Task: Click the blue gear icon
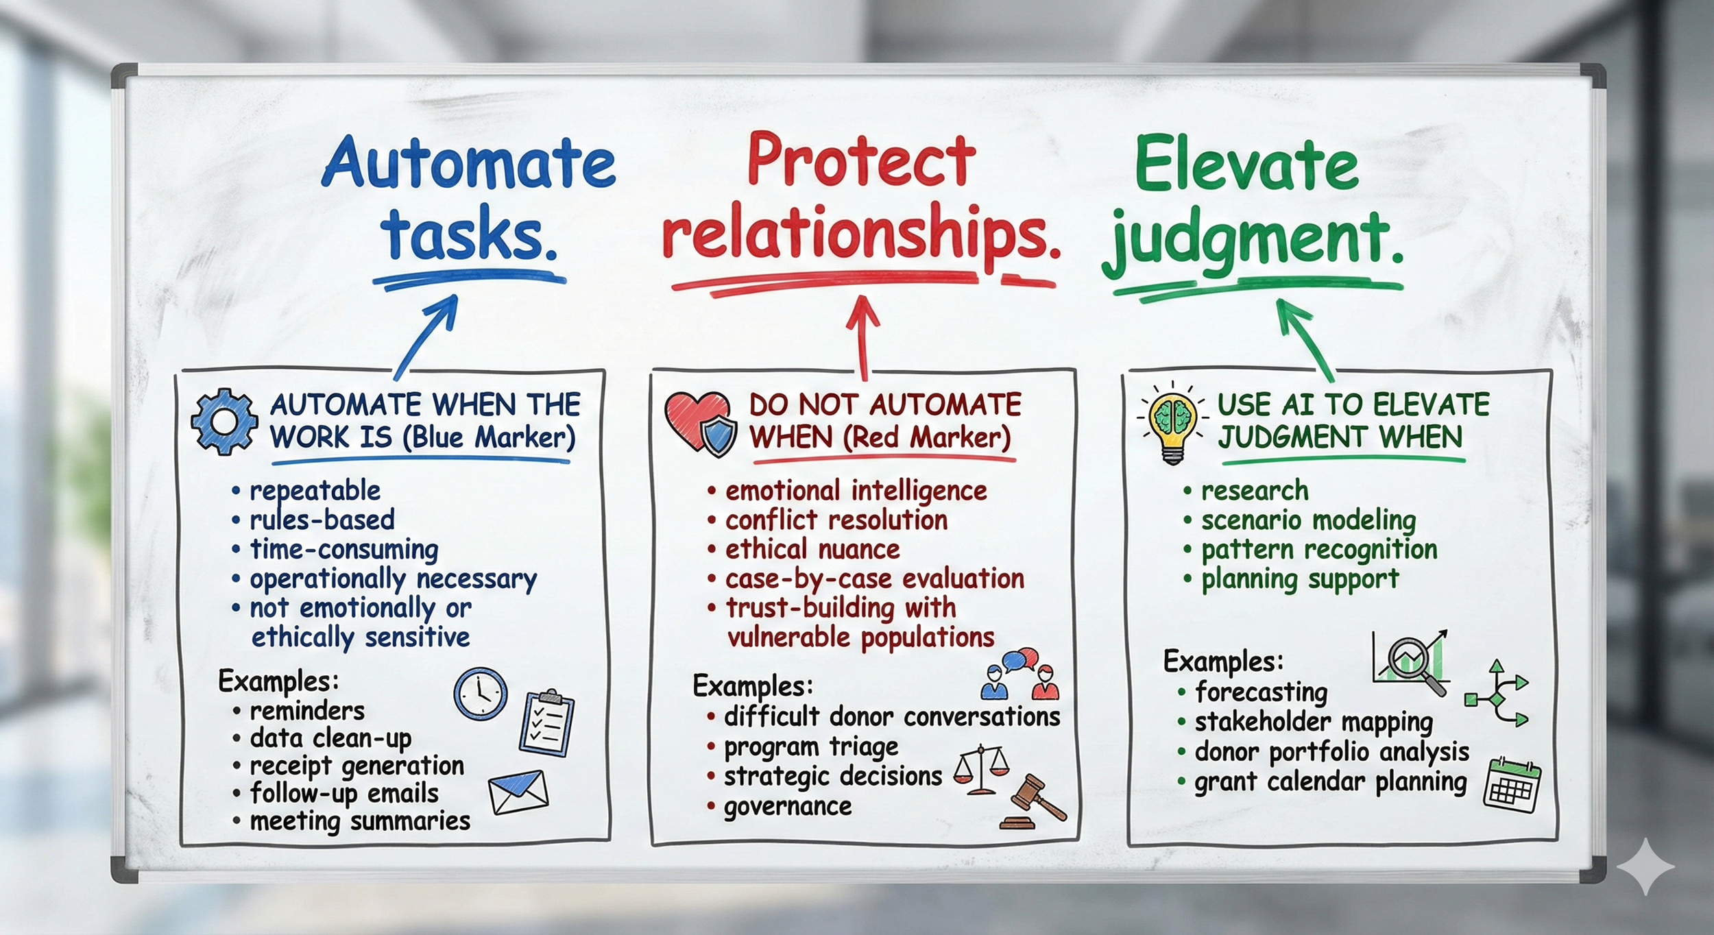coord(224,421)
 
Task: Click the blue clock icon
coord(480,694)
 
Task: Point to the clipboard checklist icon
coord(546,724)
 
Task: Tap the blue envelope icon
coord(518,792)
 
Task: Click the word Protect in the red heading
coord(861,161)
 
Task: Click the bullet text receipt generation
coord(357,766)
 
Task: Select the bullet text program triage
coord(811,746)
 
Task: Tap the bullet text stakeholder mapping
coord(1314,722)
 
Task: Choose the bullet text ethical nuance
coord(812,549)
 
